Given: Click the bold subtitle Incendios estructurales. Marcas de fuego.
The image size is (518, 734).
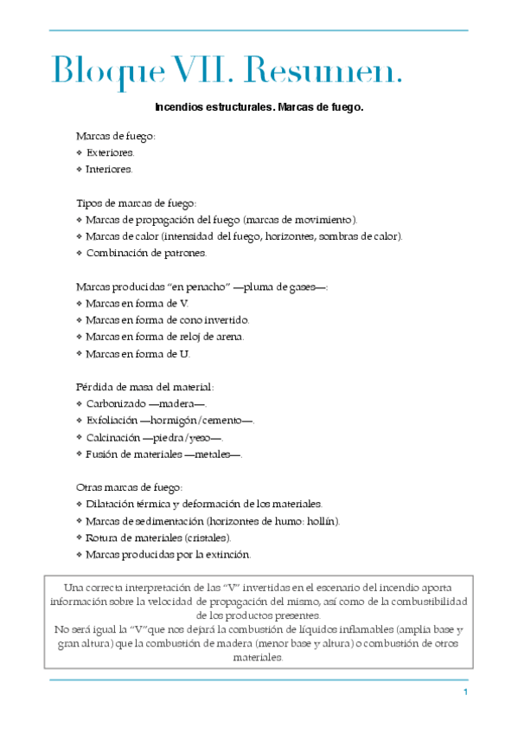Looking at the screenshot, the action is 259,108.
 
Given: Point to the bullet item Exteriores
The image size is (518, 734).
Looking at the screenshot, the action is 110,152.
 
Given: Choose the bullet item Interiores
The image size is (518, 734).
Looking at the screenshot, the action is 109,169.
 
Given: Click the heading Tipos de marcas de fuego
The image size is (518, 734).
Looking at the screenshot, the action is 137,203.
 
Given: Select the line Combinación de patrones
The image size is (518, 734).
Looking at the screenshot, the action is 146,253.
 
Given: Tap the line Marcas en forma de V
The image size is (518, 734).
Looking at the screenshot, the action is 137,303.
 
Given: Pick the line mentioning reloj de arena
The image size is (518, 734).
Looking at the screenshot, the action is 165,337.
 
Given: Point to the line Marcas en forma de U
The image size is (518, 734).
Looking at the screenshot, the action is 137,353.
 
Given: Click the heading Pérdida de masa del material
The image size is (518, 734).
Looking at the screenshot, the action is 144,387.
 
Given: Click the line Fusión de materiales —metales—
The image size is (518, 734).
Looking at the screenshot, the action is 163,454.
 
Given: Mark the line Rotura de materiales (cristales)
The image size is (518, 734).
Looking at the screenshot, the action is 158,538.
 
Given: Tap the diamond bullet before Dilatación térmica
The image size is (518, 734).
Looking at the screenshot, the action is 80,504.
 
